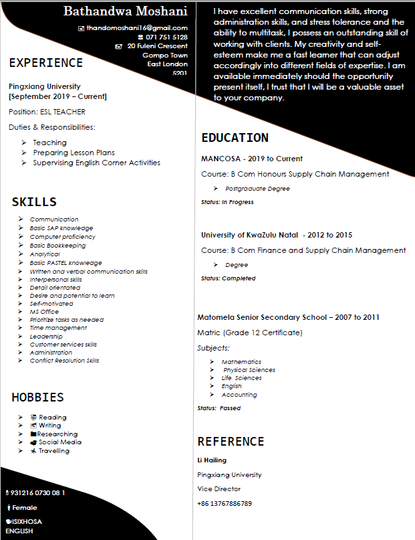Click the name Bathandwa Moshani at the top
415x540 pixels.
click(x=126, y=11)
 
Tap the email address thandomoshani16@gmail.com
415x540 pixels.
click(x=137, y=28)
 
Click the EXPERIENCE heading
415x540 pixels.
click(x=46, y=63)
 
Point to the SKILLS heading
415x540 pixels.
click(x=34, y=202)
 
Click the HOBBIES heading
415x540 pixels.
click(x=38, y=397)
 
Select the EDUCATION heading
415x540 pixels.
click(x=235, y=138)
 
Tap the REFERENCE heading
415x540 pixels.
click(x=231, y=442)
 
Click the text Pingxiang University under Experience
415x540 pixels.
click(x=45, y=86)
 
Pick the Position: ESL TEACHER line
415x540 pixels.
click(x=47, y=112)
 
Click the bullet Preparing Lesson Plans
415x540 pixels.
click(x=74, y=153)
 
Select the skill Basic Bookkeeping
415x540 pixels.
click(x=57, y=246)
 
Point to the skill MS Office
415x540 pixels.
click(x=44, y=312)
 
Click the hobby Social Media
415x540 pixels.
click(x=60, y=442)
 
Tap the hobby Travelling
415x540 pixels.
click(x=54, y=451)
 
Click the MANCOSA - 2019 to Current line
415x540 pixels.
click(x=252, y=159)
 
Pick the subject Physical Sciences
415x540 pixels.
click(x=249, y=370)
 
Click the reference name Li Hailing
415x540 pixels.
click(x=212, y=460)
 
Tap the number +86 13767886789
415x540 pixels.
click(x=225, y=503)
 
